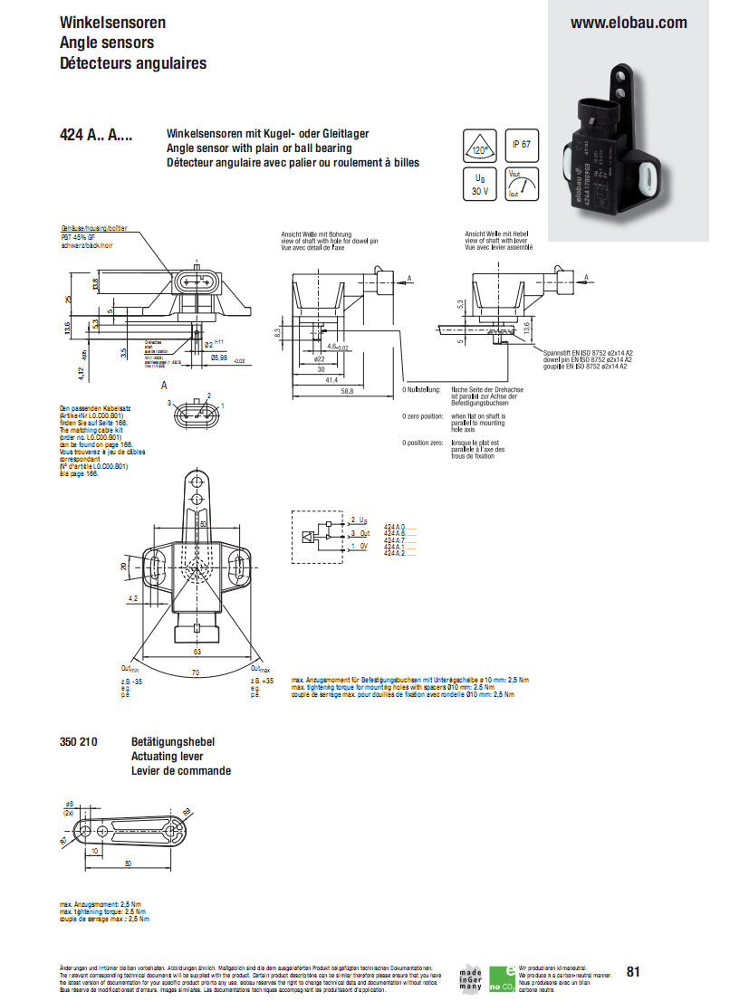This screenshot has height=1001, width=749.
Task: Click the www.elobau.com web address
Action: tap(628, 23)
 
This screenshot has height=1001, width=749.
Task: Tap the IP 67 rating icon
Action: tap(522, 144)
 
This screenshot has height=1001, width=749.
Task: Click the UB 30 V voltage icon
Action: tap(480, 185)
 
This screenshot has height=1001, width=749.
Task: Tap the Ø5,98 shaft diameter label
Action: tap(218, 358)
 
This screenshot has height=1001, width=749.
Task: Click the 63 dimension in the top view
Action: tap(197, 651)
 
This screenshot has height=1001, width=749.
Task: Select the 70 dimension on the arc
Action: tap(196, 672)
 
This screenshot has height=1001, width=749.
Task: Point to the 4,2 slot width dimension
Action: tap(133, 598)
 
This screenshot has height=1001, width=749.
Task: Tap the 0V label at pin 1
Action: tap(363, 547)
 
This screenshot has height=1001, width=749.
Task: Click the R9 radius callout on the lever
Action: tap(187, 811)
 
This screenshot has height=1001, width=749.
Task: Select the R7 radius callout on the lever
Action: tap(64, 842)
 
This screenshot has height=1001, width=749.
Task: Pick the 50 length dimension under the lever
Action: tap(127, 864)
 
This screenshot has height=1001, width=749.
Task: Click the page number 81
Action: tap(632, 972)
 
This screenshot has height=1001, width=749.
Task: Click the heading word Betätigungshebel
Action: tap(167, 741)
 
